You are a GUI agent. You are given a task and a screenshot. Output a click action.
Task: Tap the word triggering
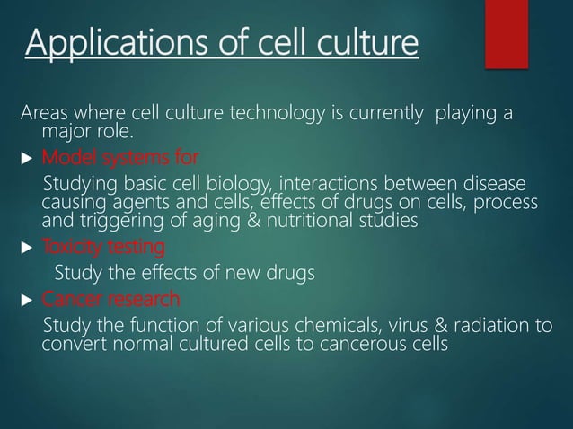pyautogui.click(x=113, y=221)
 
